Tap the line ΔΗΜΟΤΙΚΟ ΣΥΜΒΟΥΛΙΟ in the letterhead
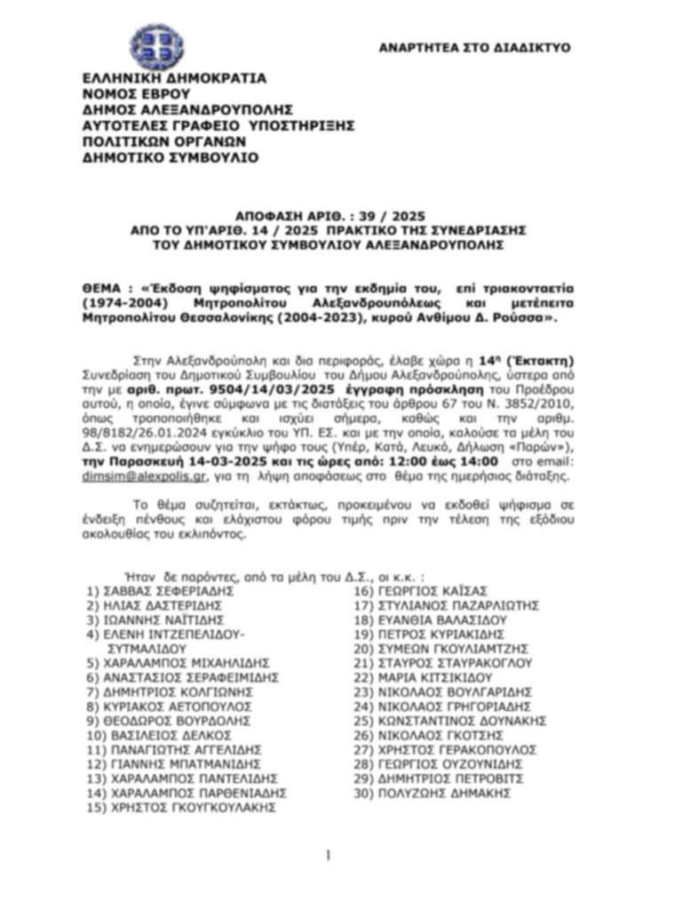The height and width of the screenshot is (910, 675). click(x=171, y=157)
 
